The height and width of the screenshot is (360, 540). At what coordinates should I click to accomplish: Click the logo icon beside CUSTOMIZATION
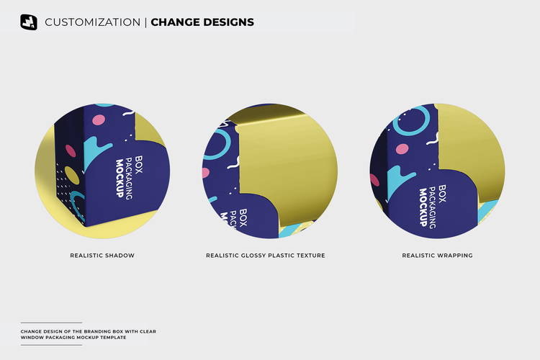[x=29, y=22]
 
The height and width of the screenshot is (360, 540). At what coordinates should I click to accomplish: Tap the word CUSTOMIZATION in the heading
[x=93, y=22]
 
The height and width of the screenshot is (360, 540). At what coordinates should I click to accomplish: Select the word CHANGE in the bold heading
[x=175, y=22]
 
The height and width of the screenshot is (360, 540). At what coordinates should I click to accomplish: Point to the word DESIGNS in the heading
[x=229, y=22]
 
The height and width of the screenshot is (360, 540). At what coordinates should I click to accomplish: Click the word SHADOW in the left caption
[x=119, y=256]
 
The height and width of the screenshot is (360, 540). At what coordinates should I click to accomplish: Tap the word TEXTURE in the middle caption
[x=310, y=256]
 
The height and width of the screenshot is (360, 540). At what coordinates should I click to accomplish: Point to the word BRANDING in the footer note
[x=93, y=331]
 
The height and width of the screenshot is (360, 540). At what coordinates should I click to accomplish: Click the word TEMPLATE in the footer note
[x=115, y=338]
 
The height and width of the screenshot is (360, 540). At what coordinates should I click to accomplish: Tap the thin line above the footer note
[x=51, y=323]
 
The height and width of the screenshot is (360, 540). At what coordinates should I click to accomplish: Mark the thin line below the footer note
[x=51, y=345]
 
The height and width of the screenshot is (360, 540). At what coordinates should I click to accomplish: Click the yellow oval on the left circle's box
[x=72, y=175]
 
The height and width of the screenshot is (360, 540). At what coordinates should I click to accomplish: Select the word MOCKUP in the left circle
[x=120, y=178]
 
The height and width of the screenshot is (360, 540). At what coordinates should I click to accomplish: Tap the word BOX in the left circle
[x=138, y=165]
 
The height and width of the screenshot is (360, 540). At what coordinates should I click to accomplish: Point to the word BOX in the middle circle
[x=243, y=217]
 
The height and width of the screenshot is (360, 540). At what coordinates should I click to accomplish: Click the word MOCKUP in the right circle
[x=423, y=207]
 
